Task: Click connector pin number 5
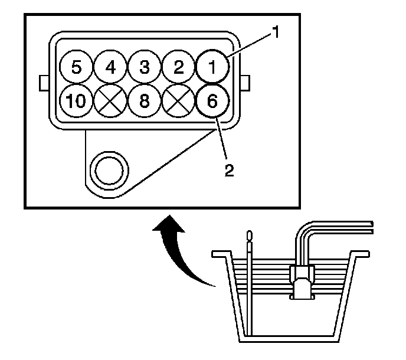(x=76, y=66)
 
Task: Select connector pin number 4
(x=110, y=66)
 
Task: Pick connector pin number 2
(x=178, y=66)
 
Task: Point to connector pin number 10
(x=76, y=101)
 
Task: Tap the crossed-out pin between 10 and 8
(x=110, y=101)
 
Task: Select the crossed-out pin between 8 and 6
(x=178, y=101)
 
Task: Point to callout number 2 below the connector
(x=228, y=171)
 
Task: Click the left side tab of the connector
(x=42, y=83)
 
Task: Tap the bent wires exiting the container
(x=336, y=227)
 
